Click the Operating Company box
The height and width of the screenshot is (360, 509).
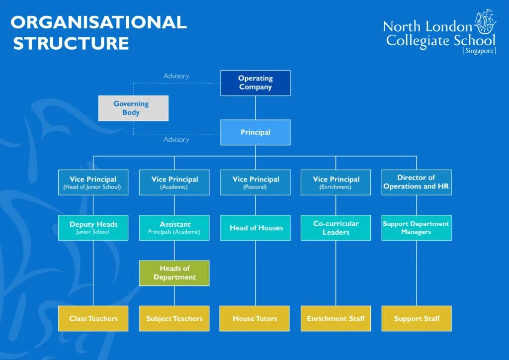pos(255,83)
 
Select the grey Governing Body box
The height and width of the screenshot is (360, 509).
pos(133,108)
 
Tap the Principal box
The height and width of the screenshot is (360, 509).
pos(255,132)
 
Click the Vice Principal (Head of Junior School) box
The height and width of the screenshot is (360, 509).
pos(93,182)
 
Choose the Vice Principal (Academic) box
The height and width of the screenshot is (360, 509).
pos(174,182)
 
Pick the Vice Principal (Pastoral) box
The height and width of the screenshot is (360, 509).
pos(255,182)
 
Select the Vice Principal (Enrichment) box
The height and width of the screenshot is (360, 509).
pos(336,182)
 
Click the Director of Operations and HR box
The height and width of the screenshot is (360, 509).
pos(417,182)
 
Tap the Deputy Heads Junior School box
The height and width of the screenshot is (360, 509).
pos(93,228)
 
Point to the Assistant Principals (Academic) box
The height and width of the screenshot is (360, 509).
pos(174,228)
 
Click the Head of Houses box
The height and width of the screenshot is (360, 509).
pos(255,228)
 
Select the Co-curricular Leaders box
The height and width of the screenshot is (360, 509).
pos(336,228)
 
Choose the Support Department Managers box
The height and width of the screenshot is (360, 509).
pos(417,228)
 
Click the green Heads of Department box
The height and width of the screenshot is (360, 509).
pos(174,273)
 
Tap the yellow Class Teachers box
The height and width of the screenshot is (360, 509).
pos(93,318)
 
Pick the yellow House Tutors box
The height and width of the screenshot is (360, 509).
pos(255,318)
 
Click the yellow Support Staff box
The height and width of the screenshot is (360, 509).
pos(417,318)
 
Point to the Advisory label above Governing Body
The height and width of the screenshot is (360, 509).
pos(176,76)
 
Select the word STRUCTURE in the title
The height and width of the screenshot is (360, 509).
pos(71,43)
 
